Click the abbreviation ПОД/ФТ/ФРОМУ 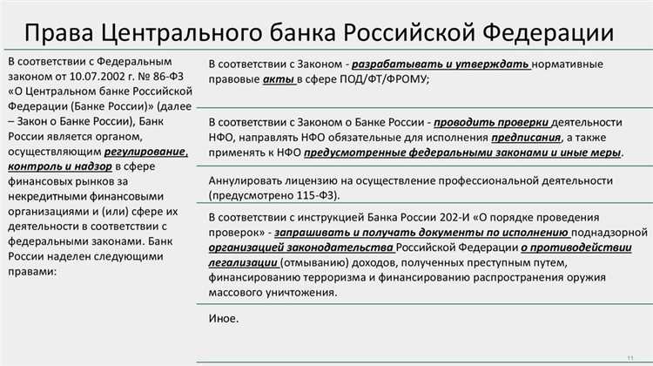[382, 79]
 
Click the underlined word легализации [244, 262]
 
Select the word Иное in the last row [223, 319]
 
